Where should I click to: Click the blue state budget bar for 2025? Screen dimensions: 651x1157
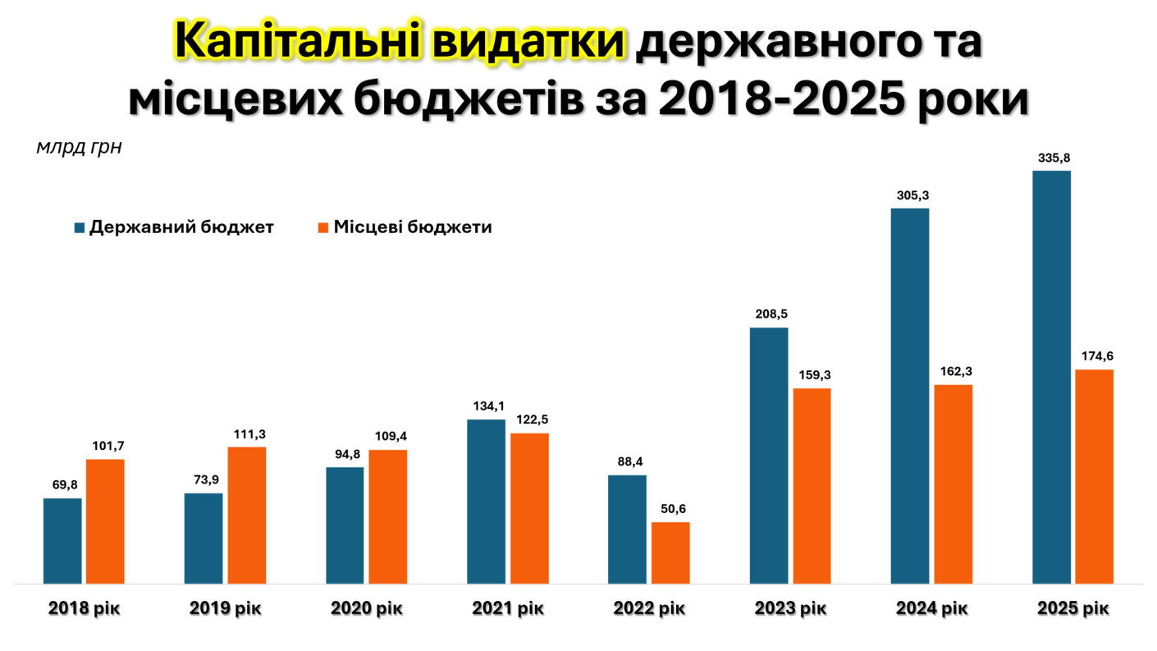[x=1051, y=377]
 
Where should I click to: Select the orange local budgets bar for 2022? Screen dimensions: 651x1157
[x=670, y=552]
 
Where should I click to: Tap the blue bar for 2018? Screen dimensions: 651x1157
[x=62, y=540]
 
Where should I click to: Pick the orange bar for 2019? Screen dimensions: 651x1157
[x=247, y=515]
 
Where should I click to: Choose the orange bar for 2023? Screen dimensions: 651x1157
[x=812, y=485]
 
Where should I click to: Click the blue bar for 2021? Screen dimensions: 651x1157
[x=487, y=501]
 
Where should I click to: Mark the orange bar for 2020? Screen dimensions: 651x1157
[x=388, y=516]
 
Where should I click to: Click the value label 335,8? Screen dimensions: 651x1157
[x=1051, y=158]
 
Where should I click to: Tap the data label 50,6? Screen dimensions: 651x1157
[x=670, y=509]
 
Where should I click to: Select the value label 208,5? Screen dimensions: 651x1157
[x=769, y=314]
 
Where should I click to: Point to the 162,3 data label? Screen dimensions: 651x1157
[x=953, y=371]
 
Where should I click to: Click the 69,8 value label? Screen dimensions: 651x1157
[x=62, y=485]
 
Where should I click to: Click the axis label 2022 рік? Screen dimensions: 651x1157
[x=649, y=609]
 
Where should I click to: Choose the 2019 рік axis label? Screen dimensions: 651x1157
[x=226, y=609]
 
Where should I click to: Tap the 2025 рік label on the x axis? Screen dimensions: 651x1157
[x=1072, y=609]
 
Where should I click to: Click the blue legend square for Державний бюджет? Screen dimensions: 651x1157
[x=80, y=227]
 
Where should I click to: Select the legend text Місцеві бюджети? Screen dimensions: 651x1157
[x=412, y=227]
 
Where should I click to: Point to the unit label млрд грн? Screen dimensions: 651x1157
[x=79, y=148]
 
